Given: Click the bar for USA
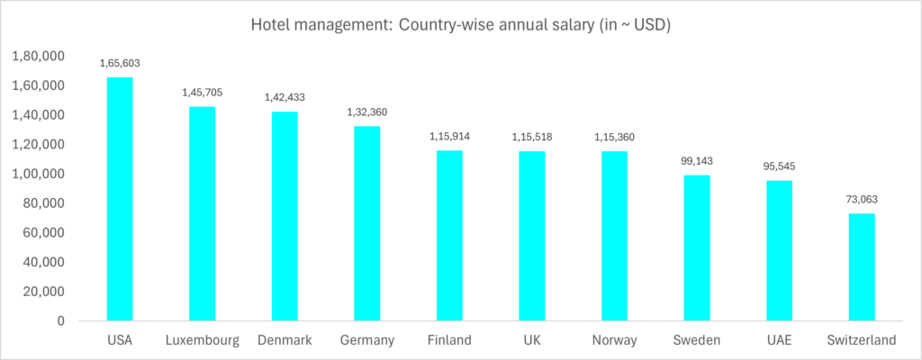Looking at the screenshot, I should click(x=120, y=199).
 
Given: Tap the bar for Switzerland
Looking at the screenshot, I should click(x=861, y=266).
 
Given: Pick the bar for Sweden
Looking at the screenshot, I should click(x=696, y=247).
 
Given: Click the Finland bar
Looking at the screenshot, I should click(x=449, y=235).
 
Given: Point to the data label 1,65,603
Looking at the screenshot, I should click(x=120, y=63).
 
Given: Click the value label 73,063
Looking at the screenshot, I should click(x=861, y=199).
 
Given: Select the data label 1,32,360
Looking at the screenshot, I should click(x=366, y=112).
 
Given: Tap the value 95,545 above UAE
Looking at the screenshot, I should click(x=779, y=166).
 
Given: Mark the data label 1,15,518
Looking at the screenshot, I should click(x=531, y=136).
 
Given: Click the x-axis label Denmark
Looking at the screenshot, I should click(x=284, y=340).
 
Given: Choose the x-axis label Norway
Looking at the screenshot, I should click(x=614, y=340).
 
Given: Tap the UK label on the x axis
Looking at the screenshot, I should click(x=531, y=340).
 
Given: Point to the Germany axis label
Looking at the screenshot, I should click(x=366, y=340).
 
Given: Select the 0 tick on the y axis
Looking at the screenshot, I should click(x=59, y=320).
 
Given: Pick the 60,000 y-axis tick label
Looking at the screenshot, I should click(x=42, y=233).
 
